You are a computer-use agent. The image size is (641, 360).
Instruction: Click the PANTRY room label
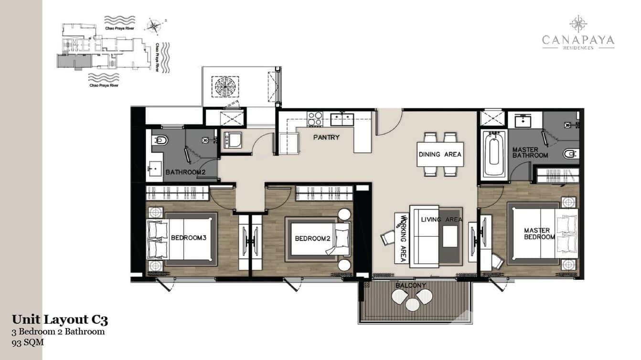(x=326, y=138)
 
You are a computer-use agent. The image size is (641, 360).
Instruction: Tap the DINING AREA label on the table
(x=440, y=154)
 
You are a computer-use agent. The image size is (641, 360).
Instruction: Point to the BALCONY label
(x=410, y=286)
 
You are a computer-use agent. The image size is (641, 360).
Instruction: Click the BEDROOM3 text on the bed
(x=188, y=238)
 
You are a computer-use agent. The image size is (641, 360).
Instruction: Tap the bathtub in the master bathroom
(x=493, y=154)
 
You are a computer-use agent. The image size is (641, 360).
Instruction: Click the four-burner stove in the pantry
(x=315, y=118)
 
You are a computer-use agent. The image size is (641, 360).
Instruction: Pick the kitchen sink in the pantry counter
(x=342, y=118)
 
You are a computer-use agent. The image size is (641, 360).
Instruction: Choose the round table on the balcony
(x=411, y=302)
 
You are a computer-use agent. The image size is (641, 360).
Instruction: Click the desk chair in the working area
(x=387, y=237)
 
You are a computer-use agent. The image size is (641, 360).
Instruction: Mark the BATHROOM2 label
(x=185, y=172)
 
